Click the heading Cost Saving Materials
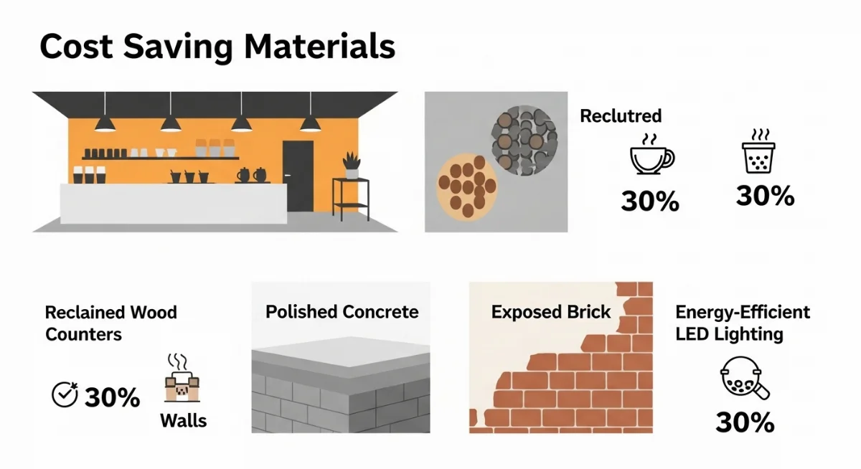[x=217, y=47]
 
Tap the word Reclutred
[x=621, y=115]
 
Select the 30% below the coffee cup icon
[x=650, y=202]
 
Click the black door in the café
[x=298, y=176]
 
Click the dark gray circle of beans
[x=523, y=139]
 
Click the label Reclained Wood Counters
[x=110, y=323]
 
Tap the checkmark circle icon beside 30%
[x=65, y=394]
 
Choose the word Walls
[x=183, y=420]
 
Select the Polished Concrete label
[x=342, y=312]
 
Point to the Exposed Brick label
[x=551, y=312]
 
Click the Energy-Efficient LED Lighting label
[x=743, y=323]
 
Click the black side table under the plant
[x=350, y=201]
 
